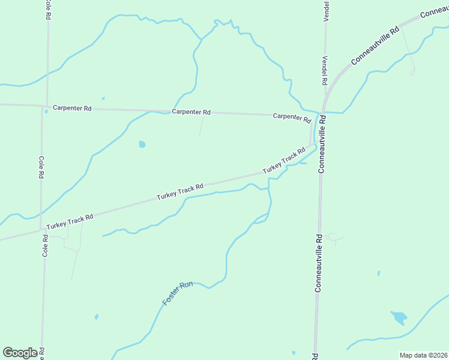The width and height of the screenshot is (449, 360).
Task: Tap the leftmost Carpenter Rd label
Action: click(72, 109)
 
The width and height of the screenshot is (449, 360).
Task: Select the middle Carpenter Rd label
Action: click(191, 112)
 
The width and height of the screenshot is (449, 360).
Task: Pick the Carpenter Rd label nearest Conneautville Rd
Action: click(292, 117)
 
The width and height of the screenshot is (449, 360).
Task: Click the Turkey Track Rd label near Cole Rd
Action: click(70, 221)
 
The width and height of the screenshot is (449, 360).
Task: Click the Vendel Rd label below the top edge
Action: click(325, 70)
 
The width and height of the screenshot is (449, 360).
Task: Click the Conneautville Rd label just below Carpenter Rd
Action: click(322, 145)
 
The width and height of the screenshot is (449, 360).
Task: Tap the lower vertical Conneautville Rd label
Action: click(318, 263)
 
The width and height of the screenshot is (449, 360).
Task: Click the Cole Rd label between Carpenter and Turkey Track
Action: click(41, 167)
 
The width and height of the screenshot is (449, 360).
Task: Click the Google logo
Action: click(20, 352)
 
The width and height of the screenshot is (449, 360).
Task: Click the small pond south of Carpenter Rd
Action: click(142, 145)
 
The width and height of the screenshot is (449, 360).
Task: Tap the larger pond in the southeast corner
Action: click(399, 317)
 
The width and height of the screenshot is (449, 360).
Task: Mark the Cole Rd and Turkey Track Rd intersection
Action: click(41, 229)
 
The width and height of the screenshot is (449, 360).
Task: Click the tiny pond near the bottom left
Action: click(96, 316)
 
